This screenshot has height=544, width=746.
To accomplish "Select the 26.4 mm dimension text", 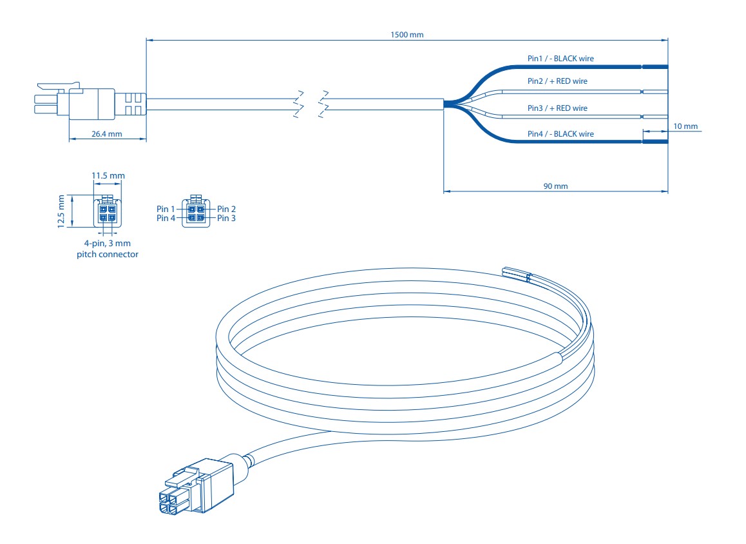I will (x=106, y=134).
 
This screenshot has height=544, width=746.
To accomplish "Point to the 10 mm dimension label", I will (x=685, y=126).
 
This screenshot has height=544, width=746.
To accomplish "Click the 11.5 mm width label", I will (x=108, y=175).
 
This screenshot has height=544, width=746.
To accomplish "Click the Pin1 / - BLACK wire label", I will (x=560, y=59).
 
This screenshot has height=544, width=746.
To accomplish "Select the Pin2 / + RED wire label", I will (x=557, y=81).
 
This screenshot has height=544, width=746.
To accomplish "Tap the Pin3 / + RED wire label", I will (x=557, y=108).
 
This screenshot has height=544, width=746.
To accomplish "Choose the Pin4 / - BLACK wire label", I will (x=560, y=134).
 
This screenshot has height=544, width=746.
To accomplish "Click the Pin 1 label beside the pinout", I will (x=166, y=209).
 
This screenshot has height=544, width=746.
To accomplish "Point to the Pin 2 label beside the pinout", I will (x=227, y=209).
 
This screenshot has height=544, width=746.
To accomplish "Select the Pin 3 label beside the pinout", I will (x=227, y=219).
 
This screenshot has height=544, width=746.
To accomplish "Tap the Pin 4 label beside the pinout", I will (x=166, y=219).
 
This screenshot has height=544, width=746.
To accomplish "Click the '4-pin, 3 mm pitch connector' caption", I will (x=108, y=249).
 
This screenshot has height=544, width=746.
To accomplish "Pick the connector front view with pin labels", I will (x=196, y=213).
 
